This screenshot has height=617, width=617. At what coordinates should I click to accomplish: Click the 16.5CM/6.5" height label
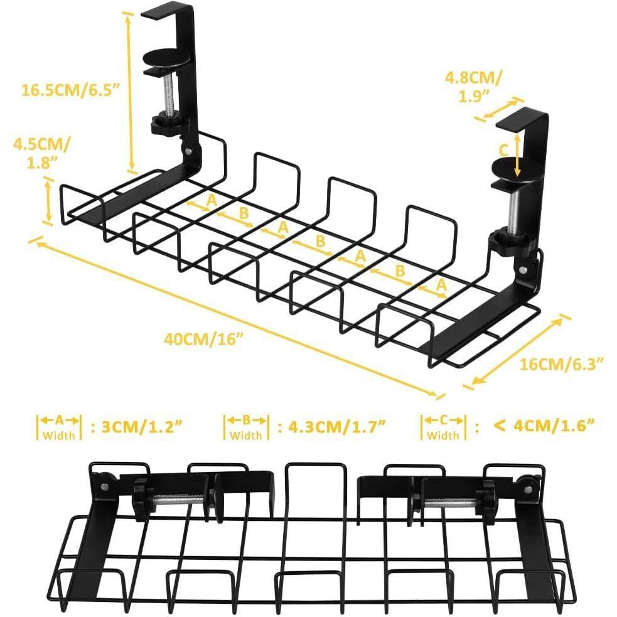point(70,90)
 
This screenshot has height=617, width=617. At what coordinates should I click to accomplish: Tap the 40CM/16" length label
point(203,339)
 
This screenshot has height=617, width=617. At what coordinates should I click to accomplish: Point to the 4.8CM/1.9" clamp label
point(473,87)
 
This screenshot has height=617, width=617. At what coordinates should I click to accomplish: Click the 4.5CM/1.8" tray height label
point(41,153)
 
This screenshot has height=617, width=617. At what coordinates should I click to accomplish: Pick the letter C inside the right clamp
point(503,151)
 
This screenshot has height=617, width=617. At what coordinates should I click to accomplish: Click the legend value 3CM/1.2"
point(136,427)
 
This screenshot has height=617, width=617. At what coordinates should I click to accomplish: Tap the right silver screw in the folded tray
point(450,502)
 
